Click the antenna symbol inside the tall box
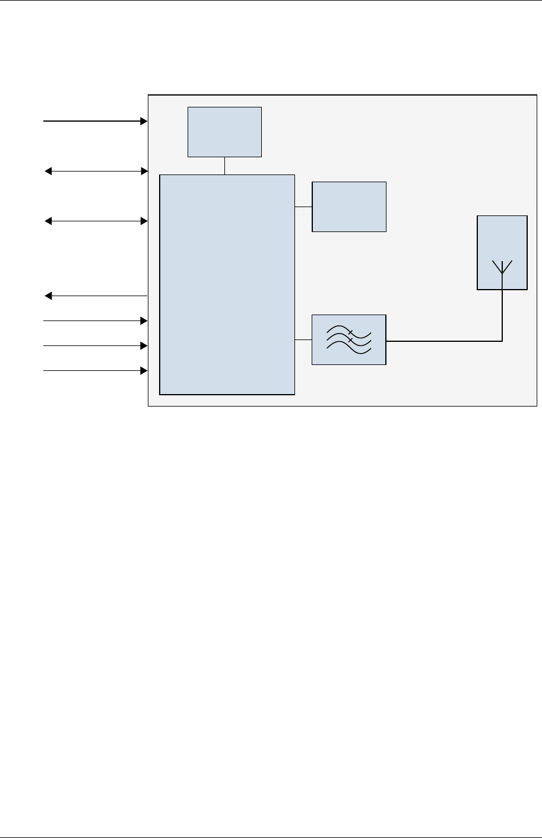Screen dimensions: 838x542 click(x=502, y=268)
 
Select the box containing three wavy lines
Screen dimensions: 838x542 click(x=349, y=339)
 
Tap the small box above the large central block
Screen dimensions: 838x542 click(x=224, y=132)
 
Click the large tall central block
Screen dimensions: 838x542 click(x=227, y=284)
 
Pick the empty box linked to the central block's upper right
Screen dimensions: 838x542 click(x=349, y=207)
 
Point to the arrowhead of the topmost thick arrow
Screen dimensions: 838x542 click(x=144, y=121)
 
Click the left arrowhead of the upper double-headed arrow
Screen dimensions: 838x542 click(x=49, y=172)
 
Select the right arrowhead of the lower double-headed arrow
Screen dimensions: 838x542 click(x=144, y=221)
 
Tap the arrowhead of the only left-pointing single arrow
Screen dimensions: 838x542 click(x=49, y=296)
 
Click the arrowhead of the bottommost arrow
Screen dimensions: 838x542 click(x=144, y=371)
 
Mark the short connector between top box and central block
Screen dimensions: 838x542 click(x=225, y=166)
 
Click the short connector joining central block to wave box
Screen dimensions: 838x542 click(x=303, y=340)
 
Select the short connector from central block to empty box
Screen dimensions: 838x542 click(x=303, y=207)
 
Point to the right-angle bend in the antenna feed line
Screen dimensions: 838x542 click(x=502, y=341)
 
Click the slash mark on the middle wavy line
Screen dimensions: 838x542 click(x=351, y=340)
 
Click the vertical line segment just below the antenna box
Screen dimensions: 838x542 click(x=502, y=315)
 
